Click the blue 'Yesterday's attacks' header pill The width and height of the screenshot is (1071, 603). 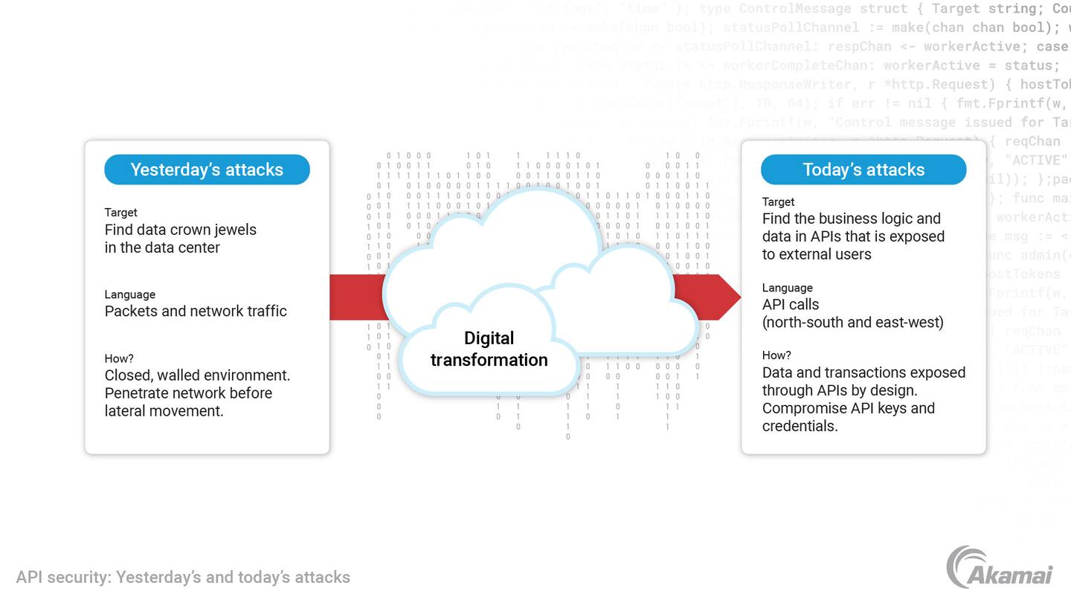tap(207, 170)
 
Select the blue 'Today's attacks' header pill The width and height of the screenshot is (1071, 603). tap(863, 170)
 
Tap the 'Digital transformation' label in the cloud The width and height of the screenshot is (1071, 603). tap(489, 349)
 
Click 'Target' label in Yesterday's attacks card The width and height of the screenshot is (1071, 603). tap(120, 213)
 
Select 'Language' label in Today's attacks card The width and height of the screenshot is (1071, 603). tap(787, 288)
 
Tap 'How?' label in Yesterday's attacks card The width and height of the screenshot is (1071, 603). tap(119, 358)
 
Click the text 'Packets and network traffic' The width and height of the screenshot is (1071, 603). tap(196, 311)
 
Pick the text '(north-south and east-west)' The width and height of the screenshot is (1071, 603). tap(852, 322)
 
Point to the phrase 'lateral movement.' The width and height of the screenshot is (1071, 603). tap(164, 410)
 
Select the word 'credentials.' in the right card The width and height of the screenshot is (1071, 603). tap(800, 426)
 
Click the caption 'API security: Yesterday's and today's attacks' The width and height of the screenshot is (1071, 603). tap(183, 577)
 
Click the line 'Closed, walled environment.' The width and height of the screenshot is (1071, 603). tap(197, 375)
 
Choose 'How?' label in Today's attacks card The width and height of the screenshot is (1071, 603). tap(776, 355)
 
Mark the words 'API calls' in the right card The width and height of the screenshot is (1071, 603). tap(790, 304)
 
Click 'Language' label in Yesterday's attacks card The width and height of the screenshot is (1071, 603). tap(129, 294)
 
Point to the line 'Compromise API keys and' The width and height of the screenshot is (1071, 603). tap(848, 408)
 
